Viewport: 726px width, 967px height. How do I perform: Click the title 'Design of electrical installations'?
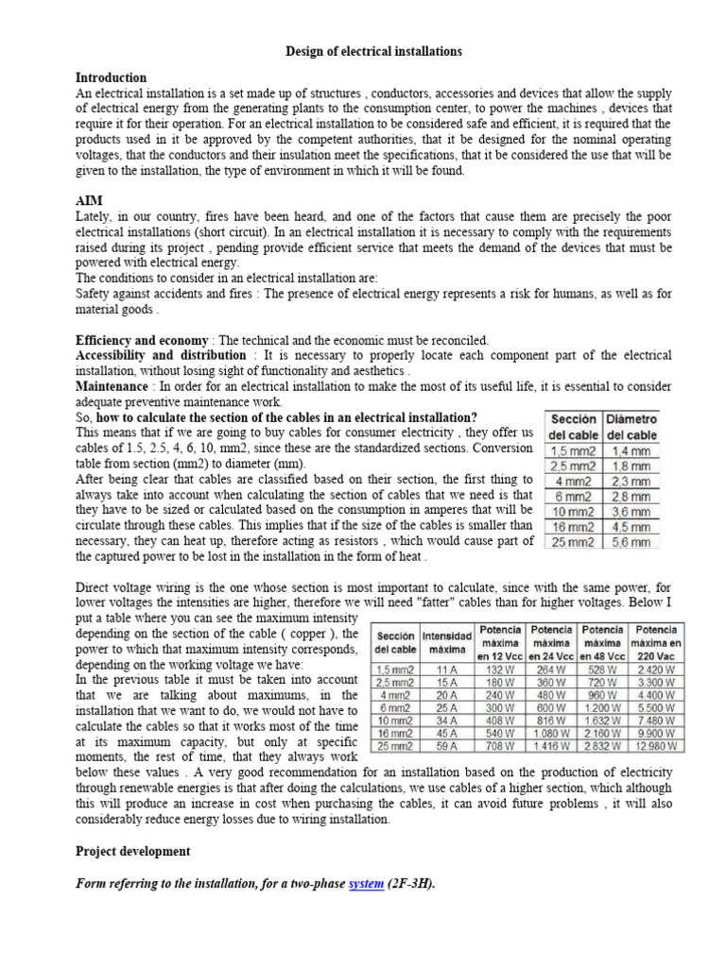(374, 51)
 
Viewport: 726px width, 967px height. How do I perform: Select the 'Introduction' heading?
(111, 77)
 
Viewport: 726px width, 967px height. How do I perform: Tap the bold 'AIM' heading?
(89, 202)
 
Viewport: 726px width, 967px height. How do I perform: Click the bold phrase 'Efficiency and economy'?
(142, 340)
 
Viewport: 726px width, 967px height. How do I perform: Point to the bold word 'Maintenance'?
(112, 386)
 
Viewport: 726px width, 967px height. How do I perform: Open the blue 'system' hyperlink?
(366, 884)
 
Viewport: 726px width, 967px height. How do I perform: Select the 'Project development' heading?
(132, 851)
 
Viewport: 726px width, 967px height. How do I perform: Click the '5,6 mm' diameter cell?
(631, 542)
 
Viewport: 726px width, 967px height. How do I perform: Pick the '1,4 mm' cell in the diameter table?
(631, 451)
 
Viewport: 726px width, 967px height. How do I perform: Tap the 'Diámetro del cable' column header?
(631, 427)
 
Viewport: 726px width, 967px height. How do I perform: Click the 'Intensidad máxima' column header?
(447, 642)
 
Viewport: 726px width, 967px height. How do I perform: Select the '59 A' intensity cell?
(447, 745)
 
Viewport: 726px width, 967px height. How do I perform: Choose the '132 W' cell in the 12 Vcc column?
(501, 665)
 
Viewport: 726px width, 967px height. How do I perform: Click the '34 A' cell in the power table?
(447, 718)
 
